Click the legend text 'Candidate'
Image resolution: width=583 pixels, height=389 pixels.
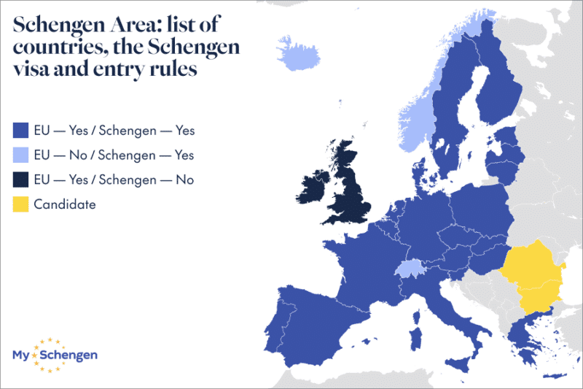[65, 204]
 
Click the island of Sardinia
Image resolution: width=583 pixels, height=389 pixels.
[416, 336]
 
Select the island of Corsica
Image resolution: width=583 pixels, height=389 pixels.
[416, 315]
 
